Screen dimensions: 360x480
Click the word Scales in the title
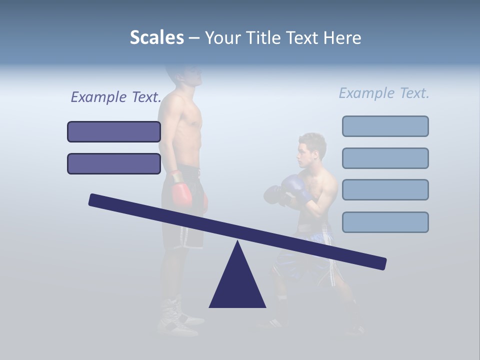[x=156, y=37]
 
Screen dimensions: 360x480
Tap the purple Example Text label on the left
[x=116, y=97]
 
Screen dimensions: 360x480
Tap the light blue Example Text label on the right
[x=384, y=93]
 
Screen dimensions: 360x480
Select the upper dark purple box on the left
[x=114, y=131]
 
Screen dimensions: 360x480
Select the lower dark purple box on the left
[x=114, y=163]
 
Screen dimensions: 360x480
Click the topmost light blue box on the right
[x=385, y=126]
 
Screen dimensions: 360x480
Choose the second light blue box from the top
[x=385, y=158]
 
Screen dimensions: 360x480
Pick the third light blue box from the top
[x=385, y=189]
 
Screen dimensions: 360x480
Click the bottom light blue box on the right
[x=385, y=222]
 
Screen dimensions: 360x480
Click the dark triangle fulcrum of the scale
[x=237, y=282]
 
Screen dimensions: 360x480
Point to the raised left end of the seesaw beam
[x=95, y=200]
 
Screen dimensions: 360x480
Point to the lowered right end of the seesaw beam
[x=380, y=263]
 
